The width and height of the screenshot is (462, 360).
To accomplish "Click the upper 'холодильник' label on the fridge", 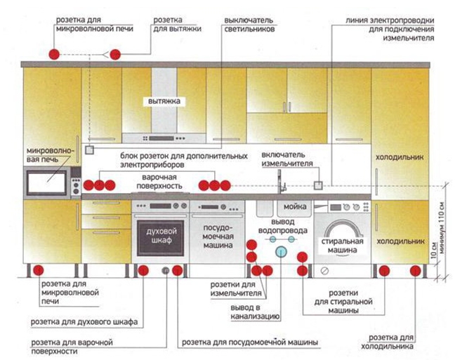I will (x=400, y=157).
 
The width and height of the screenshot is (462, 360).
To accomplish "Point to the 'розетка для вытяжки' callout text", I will (x=177, y=26).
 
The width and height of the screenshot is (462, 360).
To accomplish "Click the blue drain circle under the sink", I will (x=282, y=251).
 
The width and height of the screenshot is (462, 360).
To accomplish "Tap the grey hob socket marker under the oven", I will (x=166, y=270).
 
